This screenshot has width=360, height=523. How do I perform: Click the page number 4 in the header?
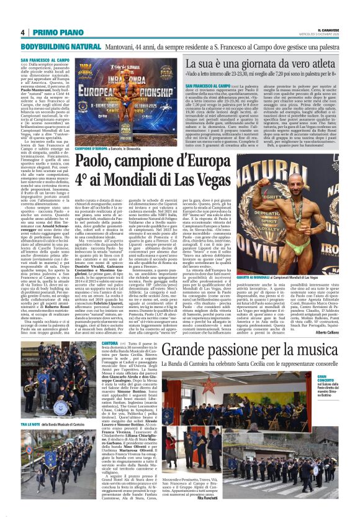[22, 32]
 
